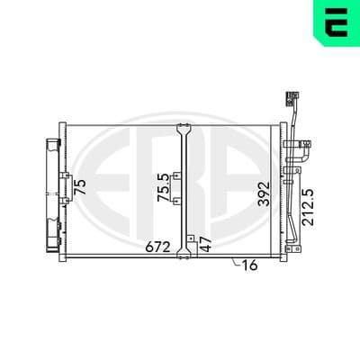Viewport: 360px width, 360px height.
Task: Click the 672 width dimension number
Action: coord(157,247)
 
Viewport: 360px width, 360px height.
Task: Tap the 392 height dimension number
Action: coord(265,193)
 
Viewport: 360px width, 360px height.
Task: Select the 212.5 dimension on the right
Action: coord(308,207)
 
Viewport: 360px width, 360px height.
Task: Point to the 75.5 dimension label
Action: coord(164,188)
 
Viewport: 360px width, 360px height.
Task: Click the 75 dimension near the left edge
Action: coord(80,187)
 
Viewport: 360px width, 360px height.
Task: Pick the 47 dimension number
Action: coord(206,244)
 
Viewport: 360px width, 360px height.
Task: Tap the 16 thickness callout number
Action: coord(249,265)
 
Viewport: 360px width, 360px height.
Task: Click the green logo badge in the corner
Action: coord(337,22)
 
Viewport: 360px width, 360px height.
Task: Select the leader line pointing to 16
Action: coord(237,262)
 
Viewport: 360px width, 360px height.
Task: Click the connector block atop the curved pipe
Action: coord(292,99)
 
